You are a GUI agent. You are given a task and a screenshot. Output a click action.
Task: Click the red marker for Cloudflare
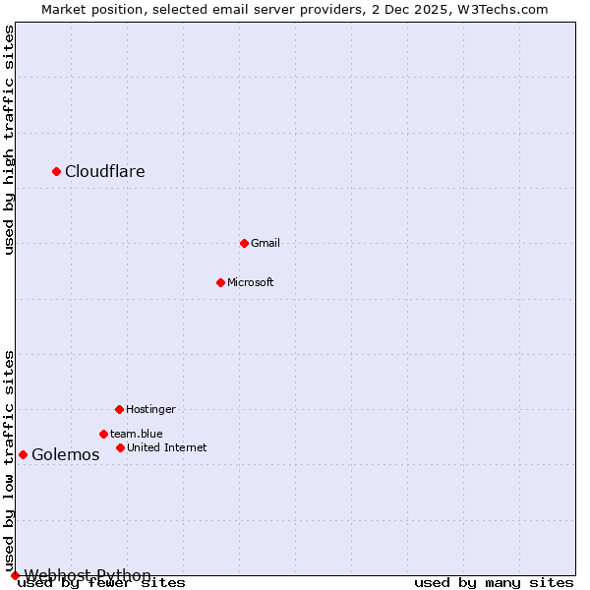click(x=57, y=171)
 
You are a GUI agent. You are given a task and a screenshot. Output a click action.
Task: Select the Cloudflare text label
click(x=105, y=172)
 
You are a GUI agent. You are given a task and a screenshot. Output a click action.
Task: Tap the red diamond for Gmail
click(x=245, y=243)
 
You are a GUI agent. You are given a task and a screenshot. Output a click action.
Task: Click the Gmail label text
click(x=265, y=243)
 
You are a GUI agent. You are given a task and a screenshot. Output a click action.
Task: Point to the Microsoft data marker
click(x=220, y=282)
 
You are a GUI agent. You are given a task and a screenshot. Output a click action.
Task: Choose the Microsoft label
click(x=251, y=282)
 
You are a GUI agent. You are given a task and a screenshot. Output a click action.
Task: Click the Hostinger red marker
click(x=119, y=409)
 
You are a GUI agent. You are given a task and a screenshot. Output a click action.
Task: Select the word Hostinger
click(x=150, y=409)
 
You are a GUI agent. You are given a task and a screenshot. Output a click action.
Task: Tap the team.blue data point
click(x=103, y=434)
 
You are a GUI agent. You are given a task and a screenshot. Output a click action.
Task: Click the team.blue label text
click(x=137, y=434)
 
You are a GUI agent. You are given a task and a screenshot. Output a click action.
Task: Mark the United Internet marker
click(x=120, y=447)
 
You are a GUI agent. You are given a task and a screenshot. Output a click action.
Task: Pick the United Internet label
click(x=167, y=447)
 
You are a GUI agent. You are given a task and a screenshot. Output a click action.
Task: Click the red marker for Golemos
click(x=23, y=454)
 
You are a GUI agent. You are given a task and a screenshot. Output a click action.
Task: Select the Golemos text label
click(x=66, y=455)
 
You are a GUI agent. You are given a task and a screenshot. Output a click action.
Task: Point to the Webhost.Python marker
click(x=15, y=575)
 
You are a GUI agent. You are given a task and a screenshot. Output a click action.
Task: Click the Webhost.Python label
click(x=88, y=575)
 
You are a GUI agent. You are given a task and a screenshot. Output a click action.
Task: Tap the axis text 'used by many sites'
click(x=494, y=583)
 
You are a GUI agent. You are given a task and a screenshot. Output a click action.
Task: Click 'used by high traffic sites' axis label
click(x=9, y=140)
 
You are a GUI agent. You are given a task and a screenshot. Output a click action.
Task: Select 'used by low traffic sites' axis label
click(x=9, y=460)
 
